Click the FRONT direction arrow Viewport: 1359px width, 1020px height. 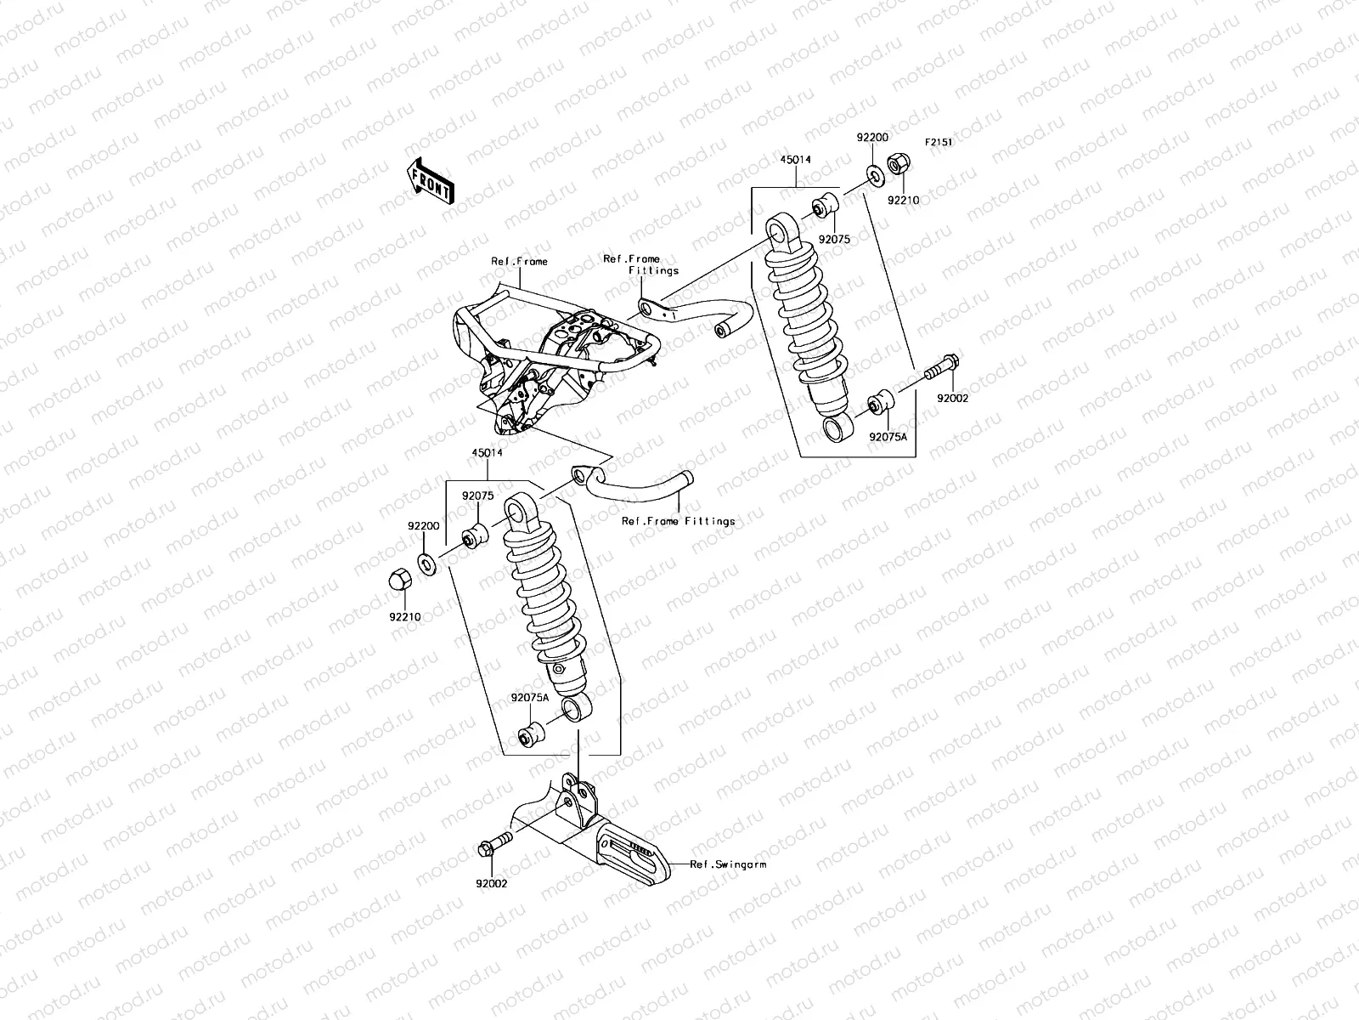coord(431,179)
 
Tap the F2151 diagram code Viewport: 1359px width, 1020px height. coord(939,143)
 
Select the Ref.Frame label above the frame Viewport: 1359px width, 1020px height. coord(519,262)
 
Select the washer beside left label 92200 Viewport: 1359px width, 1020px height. coord(428,561)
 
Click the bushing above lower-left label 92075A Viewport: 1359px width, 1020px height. coord(533,732)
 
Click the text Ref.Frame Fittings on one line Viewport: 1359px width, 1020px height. coord(678,521)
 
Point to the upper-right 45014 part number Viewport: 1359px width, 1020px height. coord(795,159)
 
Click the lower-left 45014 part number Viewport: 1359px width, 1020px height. coord(488,453)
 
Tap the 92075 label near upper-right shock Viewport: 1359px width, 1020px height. coord(834,240)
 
